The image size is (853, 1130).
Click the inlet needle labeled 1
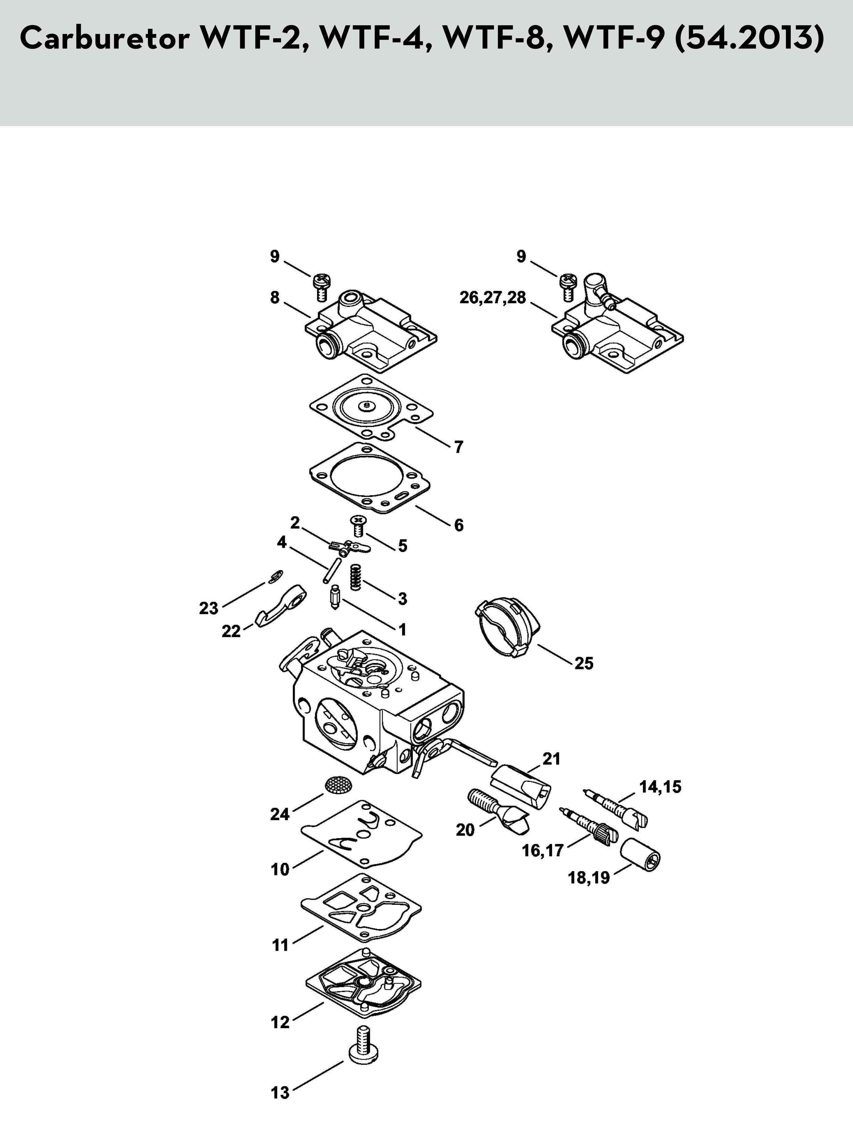[x=335, y=597]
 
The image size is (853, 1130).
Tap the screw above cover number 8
[x=322, y=288]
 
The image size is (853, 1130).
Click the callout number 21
[x=551, y=759]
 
